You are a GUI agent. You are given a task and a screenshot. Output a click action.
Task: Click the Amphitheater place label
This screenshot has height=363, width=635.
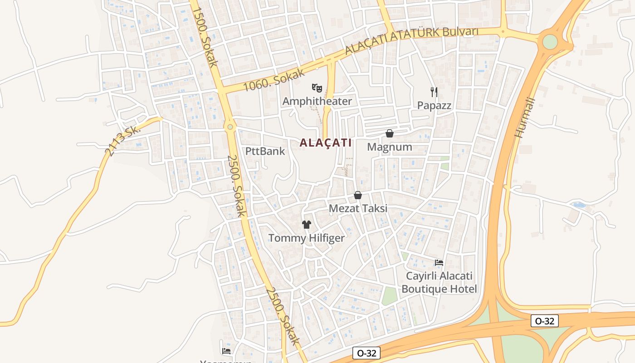click(317, 101)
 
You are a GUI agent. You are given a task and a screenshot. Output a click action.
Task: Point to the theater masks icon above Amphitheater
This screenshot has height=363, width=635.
click(317, 87)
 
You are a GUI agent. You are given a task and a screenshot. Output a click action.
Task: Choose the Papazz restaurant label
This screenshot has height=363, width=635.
click(434, 105)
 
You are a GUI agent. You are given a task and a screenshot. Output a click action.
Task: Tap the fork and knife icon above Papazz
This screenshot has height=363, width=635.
click(434, 92)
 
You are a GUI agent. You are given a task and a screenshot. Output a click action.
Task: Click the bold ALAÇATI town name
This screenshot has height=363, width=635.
click(326, 142)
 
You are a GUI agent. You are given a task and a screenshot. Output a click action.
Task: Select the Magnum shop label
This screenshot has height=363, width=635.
click(390, 147)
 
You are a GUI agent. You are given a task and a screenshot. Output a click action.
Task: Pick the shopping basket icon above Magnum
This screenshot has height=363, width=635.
click(389, 133)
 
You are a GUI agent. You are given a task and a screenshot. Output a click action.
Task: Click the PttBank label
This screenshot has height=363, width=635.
click(265, 151)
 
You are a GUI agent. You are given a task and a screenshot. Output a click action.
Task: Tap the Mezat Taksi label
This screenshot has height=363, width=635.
click(358, 208)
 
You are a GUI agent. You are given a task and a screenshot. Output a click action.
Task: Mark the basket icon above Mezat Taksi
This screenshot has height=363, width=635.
click(358, 195)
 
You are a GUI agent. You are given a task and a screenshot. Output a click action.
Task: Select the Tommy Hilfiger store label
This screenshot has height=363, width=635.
click(307, 238)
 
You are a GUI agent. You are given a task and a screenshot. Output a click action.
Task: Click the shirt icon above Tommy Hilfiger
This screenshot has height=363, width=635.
click(307, 224)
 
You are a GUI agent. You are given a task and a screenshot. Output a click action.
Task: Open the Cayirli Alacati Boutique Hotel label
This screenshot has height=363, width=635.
click(439, 282)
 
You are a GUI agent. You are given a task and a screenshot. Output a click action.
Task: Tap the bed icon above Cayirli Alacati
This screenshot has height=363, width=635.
click(439, 263)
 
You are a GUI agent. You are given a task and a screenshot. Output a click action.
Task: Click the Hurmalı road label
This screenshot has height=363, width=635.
click(525, 118)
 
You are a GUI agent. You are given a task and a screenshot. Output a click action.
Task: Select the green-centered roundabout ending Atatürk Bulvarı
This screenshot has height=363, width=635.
click(550, 42)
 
